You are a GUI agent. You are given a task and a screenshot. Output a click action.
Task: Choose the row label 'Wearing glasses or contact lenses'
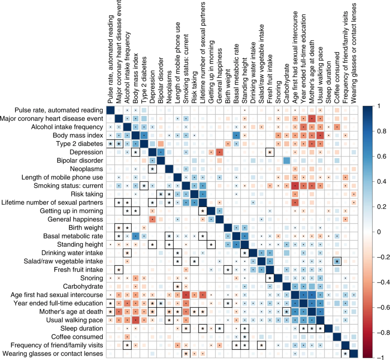click(54, 354)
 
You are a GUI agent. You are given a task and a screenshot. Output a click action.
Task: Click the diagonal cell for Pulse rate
click(110, 110)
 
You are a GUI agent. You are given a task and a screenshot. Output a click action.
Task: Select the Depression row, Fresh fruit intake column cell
click(270, 152)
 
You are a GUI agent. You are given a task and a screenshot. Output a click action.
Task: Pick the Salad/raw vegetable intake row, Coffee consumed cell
click(337, 261)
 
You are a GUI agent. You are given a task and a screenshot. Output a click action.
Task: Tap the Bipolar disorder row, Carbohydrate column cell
click(286, 161)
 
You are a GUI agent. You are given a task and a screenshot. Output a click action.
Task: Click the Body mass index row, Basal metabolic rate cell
click(236, 135)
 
